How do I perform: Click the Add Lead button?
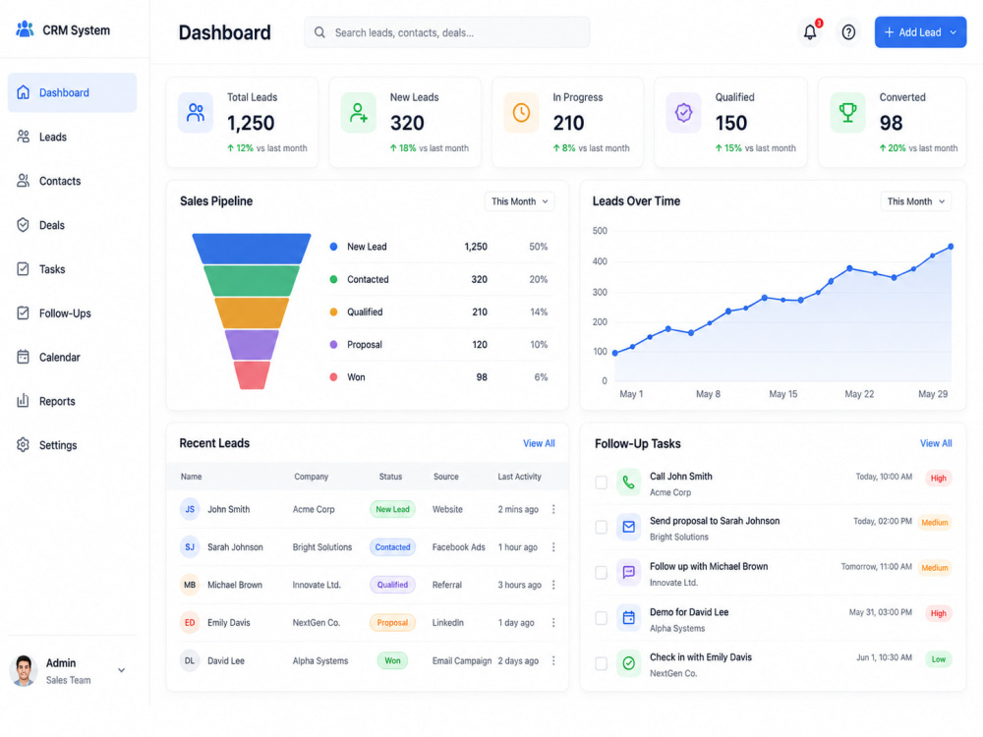click(920, 32)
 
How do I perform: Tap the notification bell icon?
click(810, 32)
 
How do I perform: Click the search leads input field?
click(446, 32)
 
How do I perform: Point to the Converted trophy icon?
click(847, 113)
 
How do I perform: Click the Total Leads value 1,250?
click(251, 123)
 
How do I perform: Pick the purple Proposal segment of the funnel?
click(252, 345)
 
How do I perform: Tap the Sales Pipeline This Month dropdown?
click(519, 201)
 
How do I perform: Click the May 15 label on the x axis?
click(783, 394)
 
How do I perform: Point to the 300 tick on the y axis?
click(600, 292)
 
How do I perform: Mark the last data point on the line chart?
click(951, 247)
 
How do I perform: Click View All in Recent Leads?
click(539, 443)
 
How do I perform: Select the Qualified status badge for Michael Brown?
click(392, 585)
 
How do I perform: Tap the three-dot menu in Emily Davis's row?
click(553, 622)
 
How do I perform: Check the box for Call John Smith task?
click(602, 482)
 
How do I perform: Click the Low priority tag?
click(939, 658)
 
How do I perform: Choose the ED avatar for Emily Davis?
click(190, 622)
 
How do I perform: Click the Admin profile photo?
click(24, 670)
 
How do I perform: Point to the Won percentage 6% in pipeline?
click(541, 377)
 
